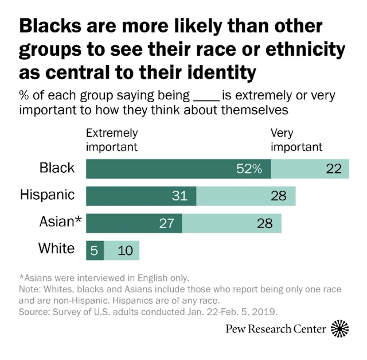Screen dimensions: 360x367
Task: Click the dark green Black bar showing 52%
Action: pos(178,168)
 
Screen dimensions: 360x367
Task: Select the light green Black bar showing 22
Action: pos(310,168)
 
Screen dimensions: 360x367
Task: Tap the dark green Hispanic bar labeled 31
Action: pos(141,196)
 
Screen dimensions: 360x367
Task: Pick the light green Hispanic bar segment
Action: pos(245,196)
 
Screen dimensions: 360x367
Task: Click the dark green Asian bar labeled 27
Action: pos(134,223)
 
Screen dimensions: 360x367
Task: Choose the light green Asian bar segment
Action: pos(232,223)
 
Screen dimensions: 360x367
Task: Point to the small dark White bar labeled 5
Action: pos(95,250)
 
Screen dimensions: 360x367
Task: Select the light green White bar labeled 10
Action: pos(122,250)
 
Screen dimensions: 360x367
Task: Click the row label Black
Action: pos(57,168)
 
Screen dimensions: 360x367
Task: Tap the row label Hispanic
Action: pos(47,195)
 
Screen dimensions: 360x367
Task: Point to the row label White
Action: pos(56,249)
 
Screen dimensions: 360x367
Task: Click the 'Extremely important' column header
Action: pos(112,140)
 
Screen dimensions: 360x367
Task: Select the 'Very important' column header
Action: pos(296,140)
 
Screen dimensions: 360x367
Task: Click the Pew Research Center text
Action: pos(283,330)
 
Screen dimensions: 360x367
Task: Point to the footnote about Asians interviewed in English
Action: pos(104,278)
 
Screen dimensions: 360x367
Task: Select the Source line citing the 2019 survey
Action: pos(148,312)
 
